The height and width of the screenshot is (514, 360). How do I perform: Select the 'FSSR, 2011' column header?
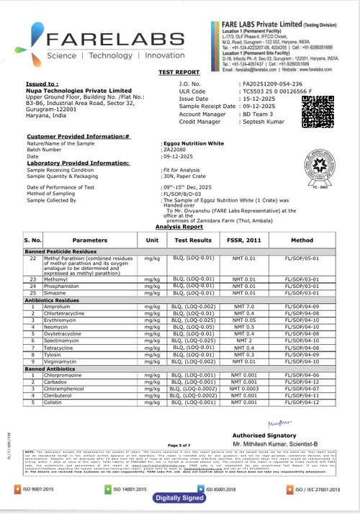tap(248, 239)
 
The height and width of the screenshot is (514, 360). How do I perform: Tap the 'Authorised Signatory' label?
tap(265, 436)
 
